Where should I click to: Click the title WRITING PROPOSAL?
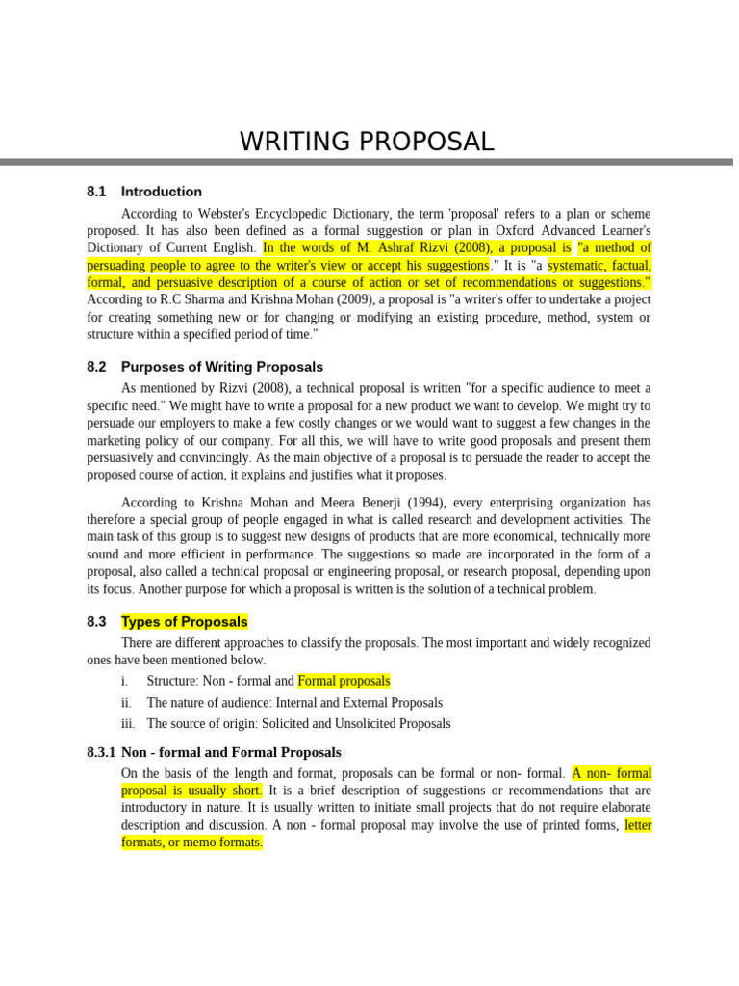(x=367, y=142)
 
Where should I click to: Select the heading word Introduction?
(x=162, y=192)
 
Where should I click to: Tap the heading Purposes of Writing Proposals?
(x=222, y=367)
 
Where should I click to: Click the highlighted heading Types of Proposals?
(x=185, y=622)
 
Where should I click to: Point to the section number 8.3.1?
(x=101, y=753)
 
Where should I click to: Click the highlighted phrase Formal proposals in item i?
(x=344, y=681)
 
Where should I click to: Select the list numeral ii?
(x=127, y=703)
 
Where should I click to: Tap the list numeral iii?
(x=128, y=724)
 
